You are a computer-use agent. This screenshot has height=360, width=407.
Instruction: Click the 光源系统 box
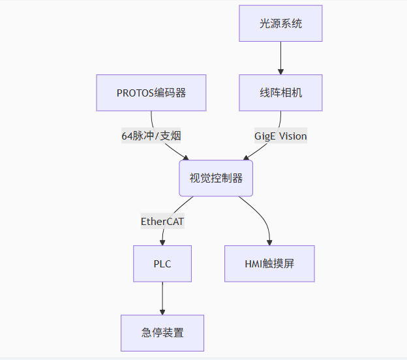tap(280, 23)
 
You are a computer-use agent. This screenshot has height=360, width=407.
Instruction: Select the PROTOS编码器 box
tap(151, 93)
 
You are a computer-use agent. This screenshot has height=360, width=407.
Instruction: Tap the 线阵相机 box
tap(280, 93)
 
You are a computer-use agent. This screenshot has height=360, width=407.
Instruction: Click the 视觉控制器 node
tap(216, 178)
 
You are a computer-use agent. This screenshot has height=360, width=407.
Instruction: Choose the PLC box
tap(162, 263)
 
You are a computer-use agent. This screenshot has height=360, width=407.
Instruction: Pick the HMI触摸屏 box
tap(269, 263)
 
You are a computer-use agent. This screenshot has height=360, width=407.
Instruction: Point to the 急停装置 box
tap(162, 333)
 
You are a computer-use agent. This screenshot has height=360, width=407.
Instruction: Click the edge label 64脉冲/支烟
tap(151, 136)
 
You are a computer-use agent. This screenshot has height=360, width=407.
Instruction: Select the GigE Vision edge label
tap(280, 136)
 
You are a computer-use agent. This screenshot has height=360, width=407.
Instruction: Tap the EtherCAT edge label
tap(162, 221)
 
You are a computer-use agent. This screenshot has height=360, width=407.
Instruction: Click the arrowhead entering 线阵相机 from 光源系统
tap(280, 71)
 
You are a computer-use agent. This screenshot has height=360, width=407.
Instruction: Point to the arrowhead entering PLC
tap(162, 242)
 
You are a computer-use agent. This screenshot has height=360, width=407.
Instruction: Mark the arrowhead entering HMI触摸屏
tap(269, 242)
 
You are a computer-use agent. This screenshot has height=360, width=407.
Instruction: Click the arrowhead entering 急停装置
tap(162, 311)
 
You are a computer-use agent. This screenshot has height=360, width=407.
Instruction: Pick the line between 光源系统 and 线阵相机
tap(280, 55)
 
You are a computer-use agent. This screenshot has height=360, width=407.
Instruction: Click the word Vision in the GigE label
tap(293, 136)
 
